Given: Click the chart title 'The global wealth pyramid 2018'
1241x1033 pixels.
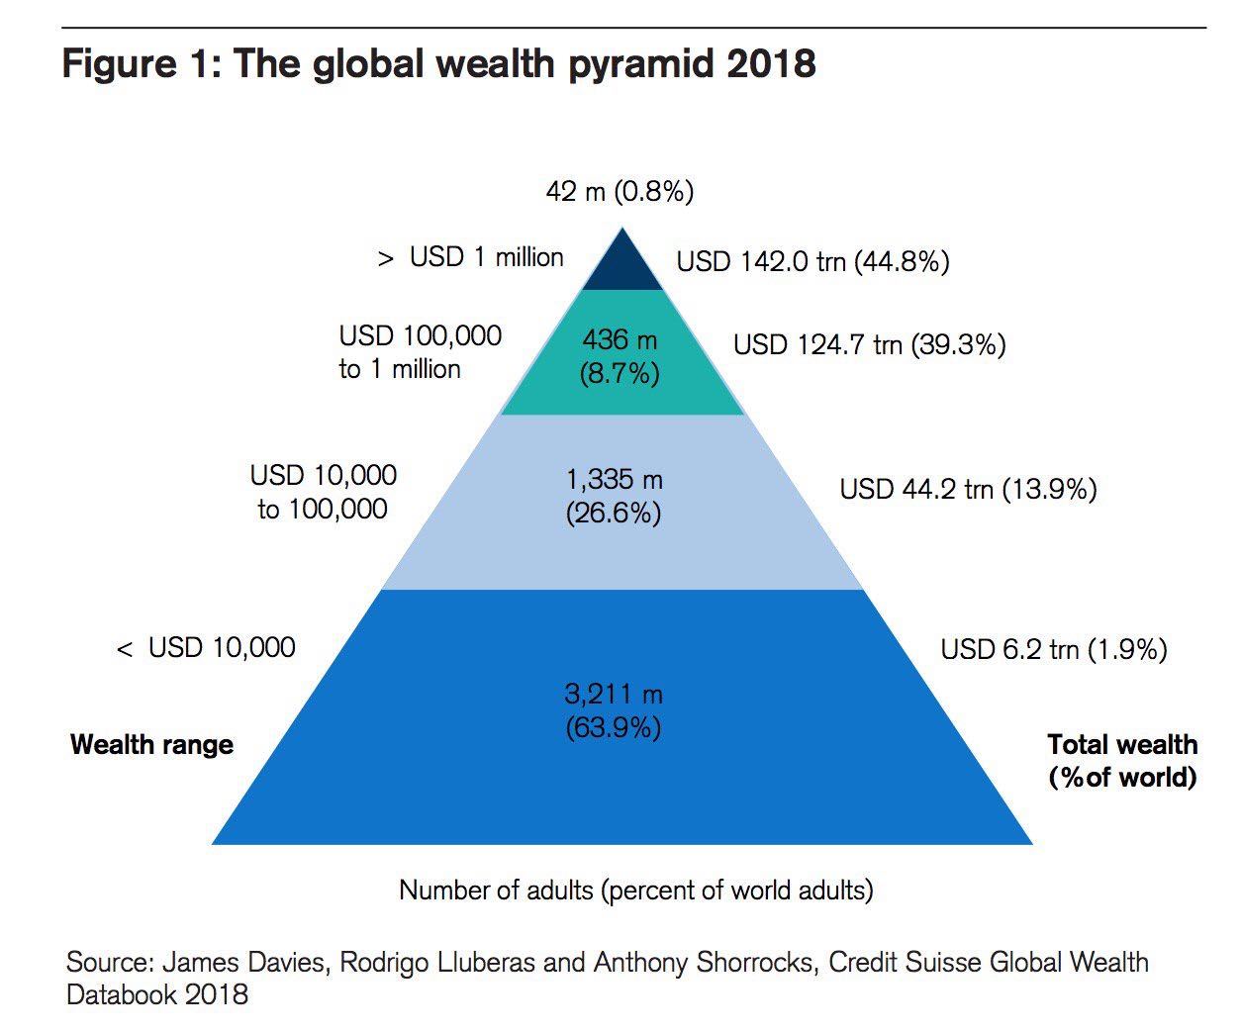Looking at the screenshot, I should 525,63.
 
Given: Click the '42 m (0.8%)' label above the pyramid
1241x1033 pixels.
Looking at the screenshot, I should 620,190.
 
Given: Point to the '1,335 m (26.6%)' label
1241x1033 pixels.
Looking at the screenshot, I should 615,497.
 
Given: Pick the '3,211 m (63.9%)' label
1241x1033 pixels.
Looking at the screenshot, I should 614,710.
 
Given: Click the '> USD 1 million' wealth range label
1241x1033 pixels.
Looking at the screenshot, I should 471,257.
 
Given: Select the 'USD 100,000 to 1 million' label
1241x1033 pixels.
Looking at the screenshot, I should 420,352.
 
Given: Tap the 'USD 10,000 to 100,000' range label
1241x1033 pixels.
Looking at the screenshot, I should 324,492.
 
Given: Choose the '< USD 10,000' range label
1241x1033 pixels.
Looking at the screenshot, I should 206,648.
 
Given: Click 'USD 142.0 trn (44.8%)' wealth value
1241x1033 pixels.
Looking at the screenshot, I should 812,261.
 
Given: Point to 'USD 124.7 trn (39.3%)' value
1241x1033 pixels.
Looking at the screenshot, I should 869,344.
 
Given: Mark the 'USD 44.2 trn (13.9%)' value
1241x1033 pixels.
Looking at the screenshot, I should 968,489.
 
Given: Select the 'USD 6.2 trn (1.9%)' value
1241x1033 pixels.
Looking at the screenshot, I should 1053,649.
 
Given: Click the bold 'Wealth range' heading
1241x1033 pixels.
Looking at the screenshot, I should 151,744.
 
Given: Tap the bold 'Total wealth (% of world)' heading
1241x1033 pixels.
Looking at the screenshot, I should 1122,760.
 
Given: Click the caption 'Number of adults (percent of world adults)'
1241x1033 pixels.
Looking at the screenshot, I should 635,890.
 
